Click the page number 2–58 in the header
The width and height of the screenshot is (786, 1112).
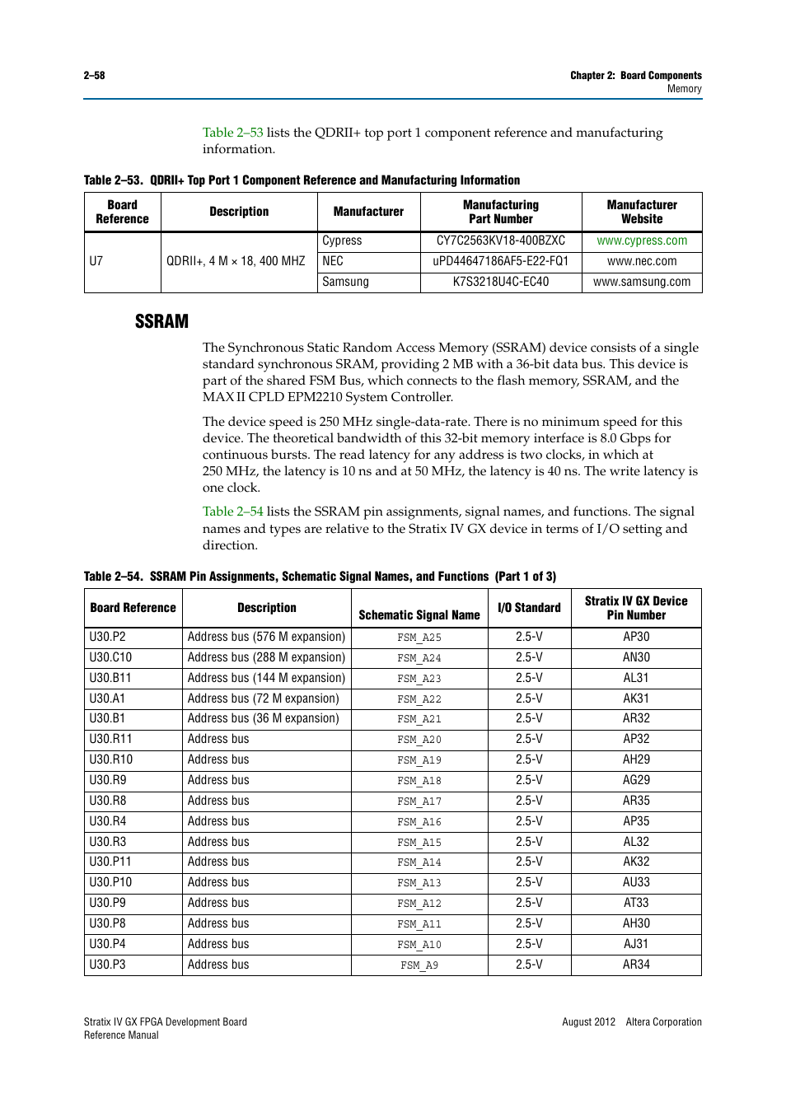(94, 75)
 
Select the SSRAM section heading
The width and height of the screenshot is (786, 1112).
(161, 321)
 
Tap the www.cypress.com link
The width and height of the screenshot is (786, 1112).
(642, 241)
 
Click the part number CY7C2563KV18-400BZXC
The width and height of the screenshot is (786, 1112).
(500, 241)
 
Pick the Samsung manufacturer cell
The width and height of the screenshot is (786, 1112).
(345, 282)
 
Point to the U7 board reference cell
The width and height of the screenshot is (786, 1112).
(96, 261)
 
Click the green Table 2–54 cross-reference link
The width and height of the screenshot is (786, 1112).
(232, 512)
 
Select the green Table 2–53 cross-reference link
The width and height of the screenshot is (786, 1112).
(232, 133)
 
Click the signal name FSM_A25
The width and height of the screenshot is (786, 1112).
(419, 638)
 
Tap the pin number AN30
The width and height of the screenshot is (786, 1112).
(635, 657)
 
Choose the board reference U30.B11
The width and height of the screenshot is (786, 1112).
(110, 678)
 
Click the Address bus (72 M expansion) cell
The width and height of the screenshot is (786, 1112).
(263, 699)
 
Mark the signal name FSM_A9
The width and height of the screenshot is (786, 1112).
(419, 965)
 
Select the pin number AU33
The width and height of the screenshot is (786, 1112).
(635, 882)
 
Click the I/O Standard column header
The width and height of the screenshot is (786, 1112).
(529, 608)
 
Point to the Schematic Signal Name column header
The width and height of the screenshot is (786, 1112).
(419, 614)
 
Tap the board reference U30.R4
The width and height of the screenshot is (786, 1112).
(108, 821)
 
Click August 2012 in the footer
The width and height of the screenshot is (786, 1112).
(588, 1022)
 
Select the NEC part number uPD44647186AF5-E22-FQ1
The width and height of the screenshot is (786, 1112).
(500, 261)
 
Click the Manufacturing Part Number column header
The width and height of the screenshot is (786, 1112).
(500, 212)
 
